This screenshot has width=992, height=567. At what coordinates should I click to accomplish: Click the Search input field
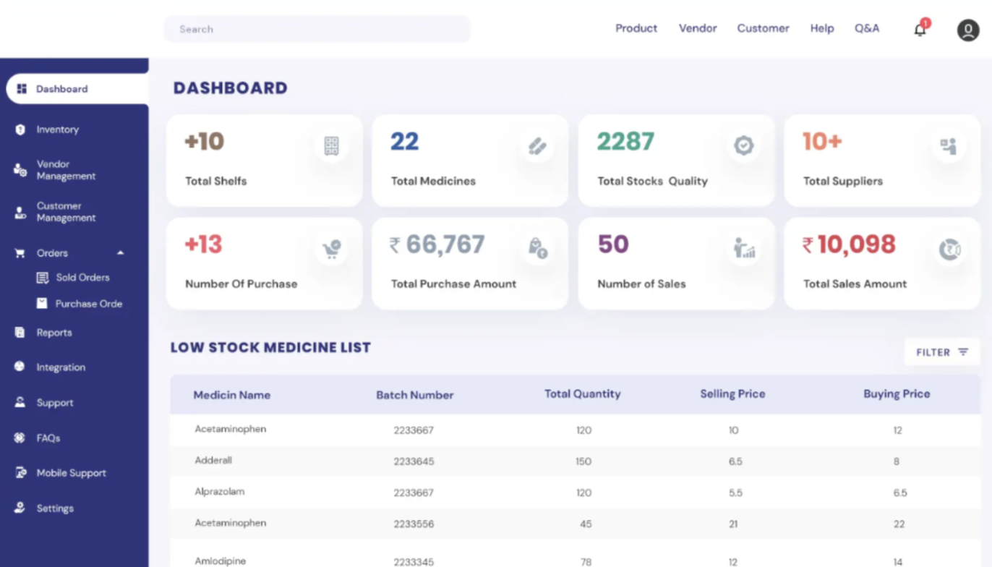317,29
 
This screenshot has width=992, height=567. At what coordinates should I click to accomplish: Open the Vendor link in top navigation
697,28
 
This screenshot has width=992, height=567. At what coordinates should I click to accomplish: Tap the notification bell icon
920,30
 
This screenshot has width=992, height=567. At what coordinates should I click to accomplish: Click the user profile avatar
967,30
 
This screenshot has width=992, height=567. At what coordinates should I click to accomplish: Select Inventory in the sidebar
57,129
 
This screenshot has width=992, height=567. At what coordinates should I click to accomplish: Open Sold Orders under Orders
82,278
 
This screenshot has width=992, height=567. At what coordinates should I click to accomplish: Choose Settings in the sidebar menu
55,508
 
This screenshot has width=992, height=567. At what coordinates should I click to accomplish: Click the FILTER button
941,352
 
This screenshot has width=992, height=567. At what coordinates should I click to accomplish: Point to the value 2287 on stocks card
625,142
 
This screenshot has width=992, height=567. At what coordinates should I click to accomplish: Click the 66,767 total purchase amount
445,245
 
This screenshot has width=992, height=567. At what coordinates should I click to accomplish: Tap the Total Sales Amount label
855,284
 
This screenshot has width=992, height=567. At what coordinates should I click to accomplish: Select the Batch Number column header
414,395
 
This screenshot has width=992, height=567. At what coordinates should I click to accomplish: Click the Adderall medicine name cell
213,461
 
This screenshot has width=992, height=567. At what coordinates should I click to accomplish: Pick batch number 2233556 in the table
414,524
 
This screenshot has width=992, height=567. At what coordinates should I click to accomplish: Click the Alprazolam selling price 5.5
735,493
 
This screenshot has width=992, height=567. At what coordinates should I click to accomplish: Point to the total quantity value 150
583,461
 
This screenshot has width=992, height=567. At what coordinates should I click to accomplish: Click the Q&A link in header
866,28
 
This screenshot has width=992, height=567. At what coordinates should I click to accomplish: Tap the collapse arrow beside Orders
121,253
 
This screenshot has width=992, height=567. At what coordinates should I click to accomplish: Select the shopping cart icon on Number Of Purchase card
332,250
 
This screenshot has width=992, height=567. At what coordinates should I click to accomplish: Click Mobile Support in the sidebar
71,473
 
